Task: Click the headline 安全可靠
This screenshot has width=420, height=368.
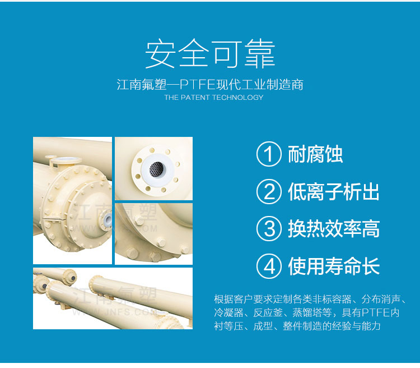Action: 210,54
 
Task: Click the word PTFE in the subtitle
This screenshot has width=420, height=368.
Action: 198,85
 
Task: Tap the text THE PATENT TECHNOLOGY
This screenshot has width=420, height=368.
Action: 214,98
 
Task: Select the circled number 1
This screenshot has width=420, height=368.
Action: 269,154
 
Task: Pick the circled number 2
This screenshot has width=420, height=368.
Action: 269,191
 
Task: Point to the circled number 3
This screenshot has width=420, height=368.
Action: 269,229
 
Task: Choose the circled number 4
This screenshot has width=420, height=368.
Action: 269,266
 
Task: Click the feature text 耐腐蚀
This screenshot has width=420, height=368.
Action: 315,154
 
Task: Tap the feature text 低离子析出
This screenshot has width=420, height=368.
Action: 334,191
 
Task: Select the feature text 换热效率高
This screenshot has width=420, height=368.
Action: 334,229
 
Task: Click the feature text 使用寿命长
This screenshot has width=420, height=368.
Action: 334,266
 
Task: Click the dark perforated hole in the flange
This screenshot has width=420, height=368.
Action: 156,169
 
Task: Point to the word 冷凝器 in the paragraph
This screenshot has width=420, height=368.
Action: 228,312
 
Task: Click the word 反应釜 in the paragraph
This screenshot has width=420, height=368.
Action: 268,312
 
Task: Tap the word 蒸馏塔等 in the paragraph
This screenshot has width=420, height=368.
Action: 312,312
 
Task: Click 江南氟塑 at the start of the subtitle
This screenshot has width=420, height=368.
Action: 142,85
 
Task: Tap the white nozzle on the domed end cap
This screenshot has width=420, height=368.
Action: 108,219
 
